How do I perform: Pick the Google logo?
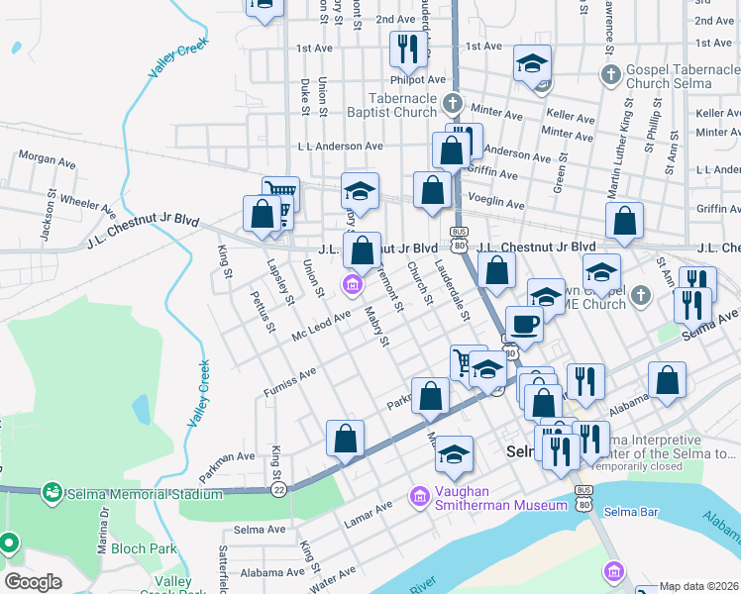pos(33,582)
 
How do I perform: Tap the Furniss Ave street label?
pos(289,382)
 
